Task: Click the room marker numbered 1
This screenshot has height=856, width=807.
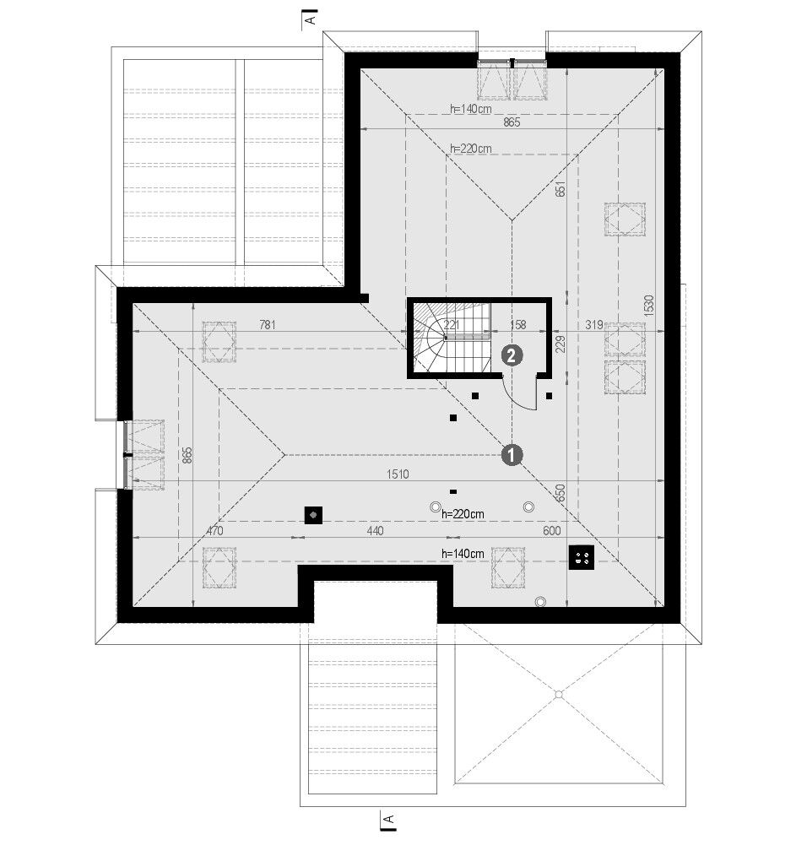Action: point(512,455)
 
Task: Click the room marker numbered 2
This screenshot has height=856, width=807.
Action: point(512,356)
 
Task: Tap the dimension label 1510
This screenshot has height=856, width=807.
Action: point(398,474)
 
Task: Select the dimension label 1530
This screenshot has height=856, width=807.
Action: point(648,306)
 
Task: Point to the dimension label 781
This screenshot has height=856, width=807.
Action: point(267,325)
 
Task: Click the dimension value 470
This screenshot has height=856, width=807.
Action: point(214,531)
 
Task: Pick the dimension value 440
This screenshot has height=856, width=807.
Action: point(375,531)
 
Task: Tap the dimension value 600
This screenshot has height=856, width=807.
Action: point(552,531)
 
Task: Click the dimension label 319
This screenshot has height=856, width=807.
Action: point(594,325)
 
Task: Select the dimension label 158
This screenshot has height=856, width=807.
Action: point(517,325)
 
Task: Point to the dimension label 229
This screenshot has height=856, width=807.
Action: point(561,344)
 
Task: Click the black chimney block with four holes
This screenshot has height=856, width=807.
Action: point(582,557)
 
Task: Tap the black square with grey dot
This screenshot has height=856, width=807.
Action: point(313,515)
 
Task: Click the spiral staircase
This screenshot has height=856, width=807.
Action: point(451,338)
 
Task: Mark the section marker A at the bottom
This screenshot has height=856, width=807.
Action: point(389,821)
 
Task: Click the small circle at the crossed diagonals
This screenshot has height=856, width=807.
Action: point(559,695)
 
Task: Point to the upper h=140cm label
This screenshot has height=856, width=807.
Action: point(471,109)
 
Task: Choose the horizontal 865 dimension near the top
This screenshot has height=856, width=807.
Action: point(511,122)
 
